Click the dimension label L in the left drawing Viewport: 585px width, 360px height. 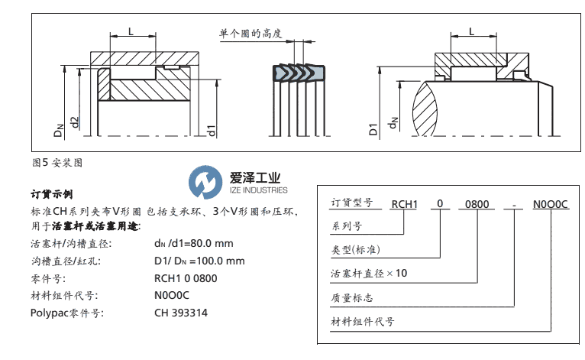tap(131, 31)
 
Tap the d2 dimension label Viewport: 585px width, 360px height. tap(75, 122)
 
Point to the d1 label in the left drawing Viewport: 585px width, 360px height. tap(212, 129)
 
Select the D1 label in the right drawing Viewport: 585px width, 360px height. tap(373, 127)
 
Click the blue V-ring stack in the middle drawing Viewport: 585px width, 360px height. tap(294, 73)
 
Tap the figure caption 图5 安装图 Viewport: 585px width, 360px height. tap(57, 162)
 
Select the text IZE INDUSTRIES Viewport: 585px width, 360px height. tap(259, 190)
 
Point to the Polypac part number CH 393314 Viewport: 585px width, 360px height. tap(180, 313)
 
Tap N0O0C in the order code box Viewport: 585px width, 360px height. tap(549, 204)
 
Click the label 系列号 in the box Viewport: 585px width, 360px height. tap(344, 225)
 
